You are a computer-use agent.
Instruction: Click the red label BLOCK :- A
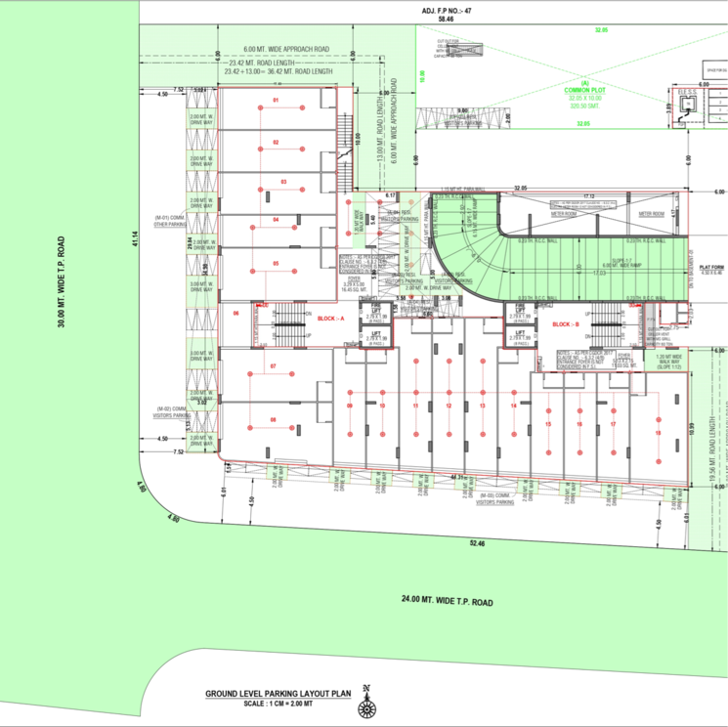pyautogui.click(x=330, y=319)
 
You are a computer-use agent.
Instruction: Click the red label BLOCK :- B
pyautogui.click(x=566, y=323)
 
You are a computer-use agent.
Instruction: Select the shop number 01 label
pyautogui.click(x=276, y=101)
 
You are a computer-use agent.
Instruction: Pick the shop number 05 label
pyautogui.click(x=276, y=264)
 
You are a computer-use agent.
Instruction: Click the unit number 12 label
pyautogui.click(x=449, y=405)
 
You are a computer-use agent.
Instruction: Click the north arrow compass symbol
pyautogui.click(x=366, y=701)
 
